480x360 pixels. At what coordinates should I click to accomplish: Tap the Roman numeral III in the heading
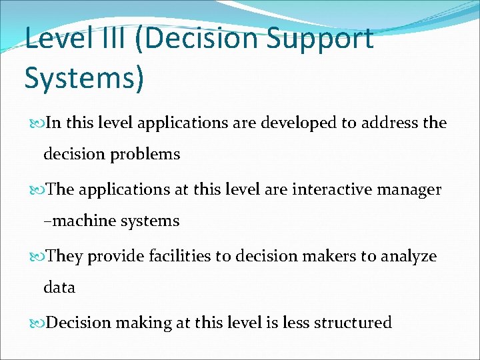point(105,39)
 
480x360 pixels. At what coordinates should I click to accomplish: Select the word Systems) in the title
point(84,77)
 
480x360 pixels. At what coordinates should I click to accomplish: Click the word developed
point(293,123)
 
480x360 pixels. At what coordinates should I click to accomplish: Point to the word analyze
point(409,257)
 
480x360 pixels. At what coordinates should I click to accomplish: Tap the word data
point(59,288)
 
